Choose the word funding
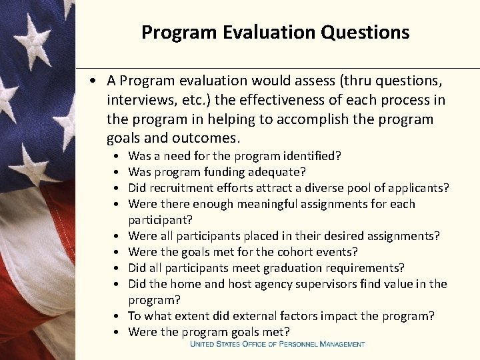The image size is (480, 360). tap(233, 172)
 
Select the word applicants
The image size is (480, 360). tap(417, 188)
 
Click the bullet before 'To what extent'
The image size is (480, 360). tap(117, 316)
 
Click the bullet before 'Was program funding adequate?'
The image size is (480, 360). tap(117, 172)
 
